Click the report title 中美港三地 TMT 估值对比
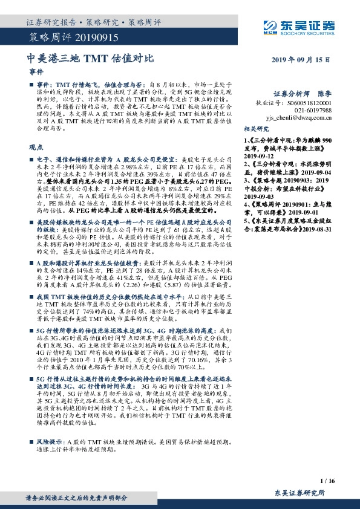91,59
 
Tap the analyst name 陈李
325,94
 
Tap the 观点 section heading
36,147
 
